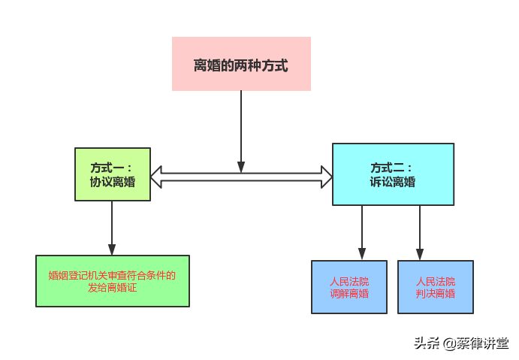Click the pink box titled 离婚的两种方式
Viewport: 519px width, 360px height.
[241, 64]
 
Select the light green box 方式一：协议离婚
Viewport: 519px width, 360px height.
[113, 174]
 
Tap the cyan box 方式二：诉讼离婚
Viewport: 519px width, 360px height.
[393, 174]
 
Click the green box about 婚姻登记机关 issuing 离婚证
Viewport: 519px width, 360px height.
[113, 281]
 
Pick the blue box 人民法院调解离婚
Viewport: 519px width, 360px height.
[349, 286]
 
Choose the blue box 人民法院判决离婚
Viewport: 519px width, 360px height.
[436, 286]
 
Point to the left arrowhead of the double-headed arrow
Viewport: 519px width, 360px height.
[156, 177]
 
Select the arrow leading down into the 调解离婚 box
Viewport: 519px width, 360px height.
[362, 233]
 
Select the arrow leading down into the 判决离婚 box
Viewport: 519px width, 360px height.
[420, 233]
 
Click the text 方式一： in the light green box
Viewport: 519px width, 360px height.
[113, 168]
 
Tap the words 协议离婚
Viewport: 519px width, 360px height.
[113, 182]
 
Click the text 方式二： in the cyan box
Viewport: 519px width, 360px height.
[392, 168]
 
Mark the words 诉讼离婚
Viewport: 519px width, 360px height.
[392, 182]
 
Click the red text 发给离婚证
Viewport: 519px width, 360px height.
[113, 288]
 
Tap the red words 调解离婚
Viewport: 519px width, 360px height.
[349, 294]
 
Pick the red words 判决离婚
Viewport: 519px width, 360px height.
[436, 294]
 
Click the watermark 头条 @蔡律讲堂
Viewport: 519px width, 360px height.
[461, 343]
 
